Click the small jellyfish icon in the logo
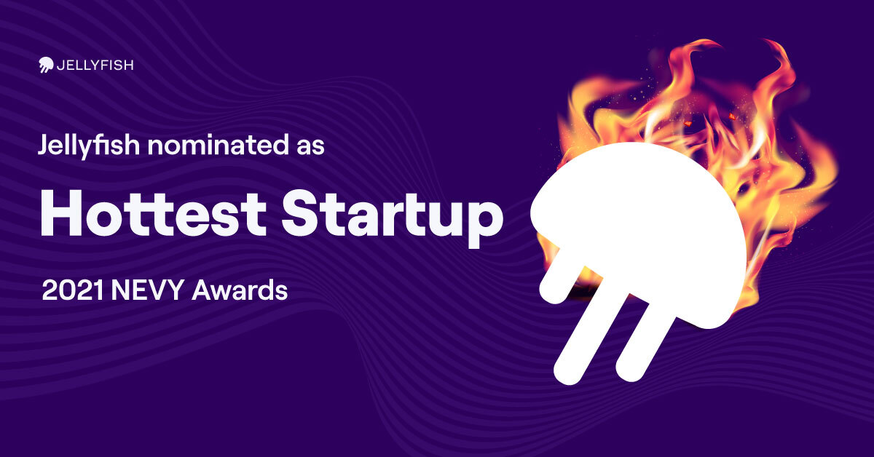(46, 64)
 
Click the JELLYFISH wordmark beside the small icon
(95, 65)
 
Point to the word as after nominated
(310, 148)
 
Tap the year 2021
(73, 290)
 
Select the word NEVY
(147, 290)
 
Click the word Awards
(240, 290)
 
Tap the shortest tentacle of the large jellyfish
(559, 276)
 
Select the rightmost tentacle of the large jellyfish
(647, 339)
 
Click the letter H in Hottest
(61, 213)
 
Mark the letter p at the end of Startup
(485, 223)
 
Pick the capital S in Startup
(301, 213)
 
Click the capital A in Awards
(205, 290)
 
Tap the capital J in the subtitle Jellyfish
(44, 145)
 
